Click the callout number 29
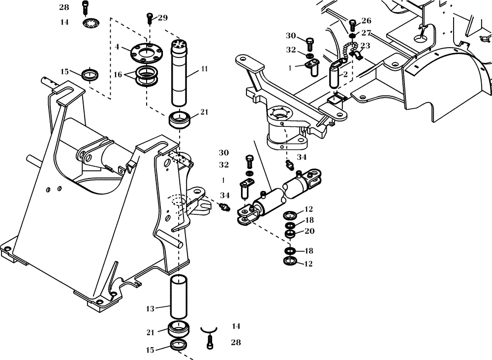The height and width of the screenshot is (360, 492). click(163, 18)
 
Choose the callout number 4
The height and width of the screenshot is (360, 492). click(117, 47)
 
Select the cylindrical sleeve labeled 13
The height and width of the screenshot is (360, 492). click(180, 297)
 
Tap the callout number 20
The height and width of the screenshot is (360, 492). click(309, 231)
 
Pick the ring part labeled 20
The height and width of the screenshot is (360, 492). click(291, 233)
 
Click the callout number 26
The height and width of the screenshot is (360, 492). click(366, 21)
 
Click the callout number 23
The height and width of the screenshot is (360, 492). click(365, 45)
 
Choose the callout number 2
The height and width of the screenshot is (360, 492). click(345, 75)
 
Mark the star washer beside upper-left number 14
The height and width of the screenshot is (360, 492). click(90, 23)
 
